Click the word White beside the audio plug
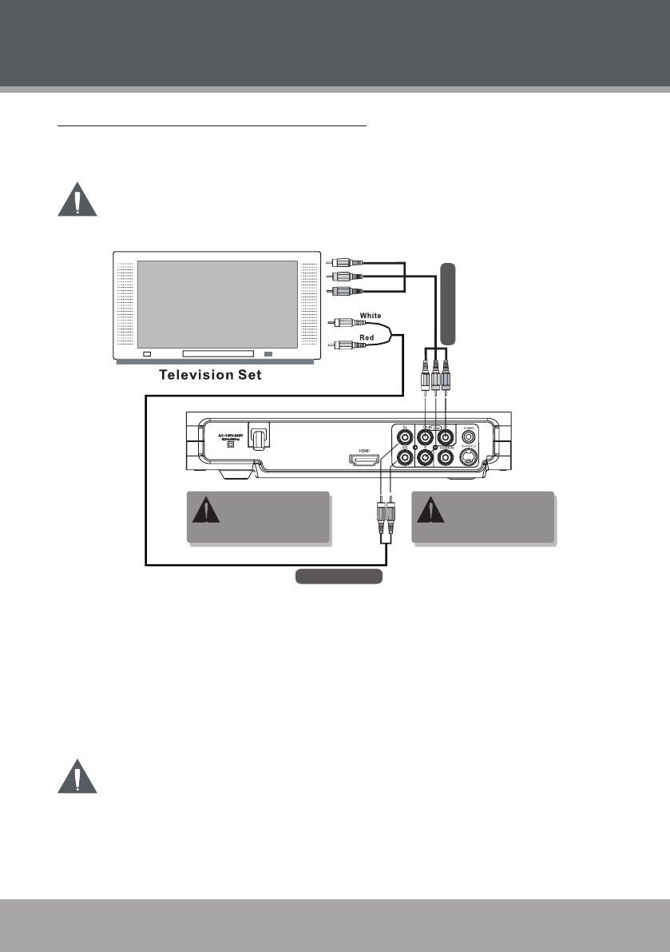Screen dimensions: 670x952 (x=371, y=317)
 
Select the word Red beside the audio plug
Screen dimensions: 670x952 (x=368, y=338)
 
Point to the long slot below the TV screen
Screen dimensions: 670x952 (x=218, y=353)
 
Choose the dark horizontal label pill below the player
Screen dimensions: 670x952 (x=339, y=576)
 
